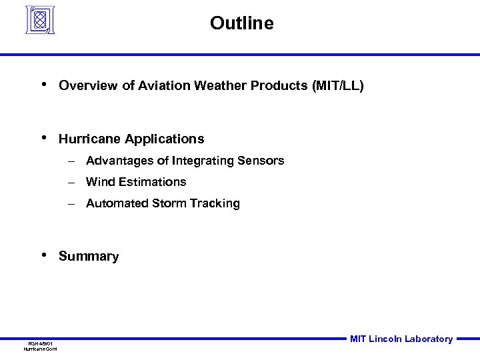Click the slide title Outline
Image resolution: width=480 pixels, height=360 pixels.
pyautogui.click(x=241, y=23)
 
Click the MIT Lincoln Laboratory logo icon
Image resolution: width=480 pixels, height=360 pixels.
pyautogui.click(x=41, y=19)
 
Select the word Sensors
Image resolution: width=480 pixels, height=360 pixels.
pyautogui.click(x=263, y=161)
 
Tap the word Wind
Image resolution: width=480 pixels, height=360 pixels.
pyautogui.click(x=99, y=182)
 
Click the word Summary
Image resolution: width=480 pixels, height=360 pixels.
pyautogui.click(x=89, y=257)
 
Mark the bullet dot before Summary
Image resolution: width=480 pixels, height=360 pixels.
pyautogui.click(x=43, y=255)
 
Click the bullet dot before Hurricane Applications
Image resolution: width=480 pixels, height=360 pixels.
pyautogui.click(x=43, y=138)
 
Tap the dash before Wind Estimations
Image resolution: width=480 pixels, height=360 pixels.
pyautogui.click(x=70, y=182)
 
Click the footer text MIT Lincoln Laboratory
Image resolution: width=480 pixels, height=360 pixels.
pyautogui.click(x=401, y=339)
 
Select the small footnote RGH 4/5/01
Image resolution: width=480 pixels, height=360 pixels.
pyautogui.click(x=41, y=343)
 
